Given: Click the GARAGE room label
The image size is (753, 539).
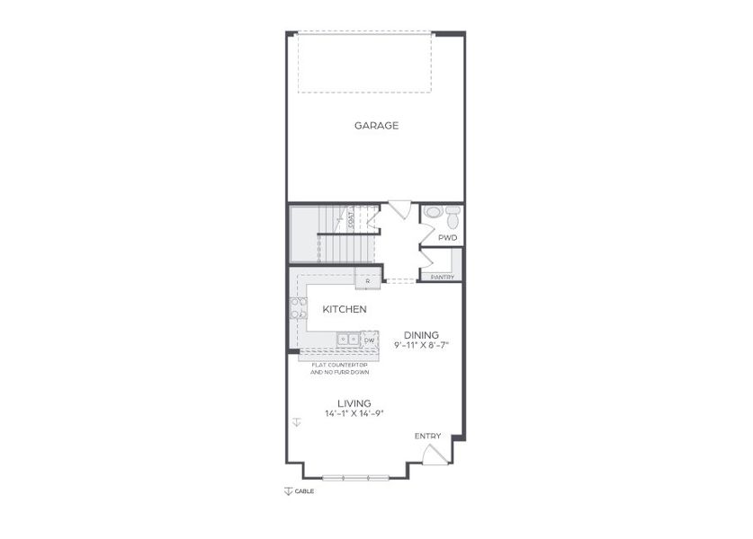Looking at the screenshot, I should coord(376,126).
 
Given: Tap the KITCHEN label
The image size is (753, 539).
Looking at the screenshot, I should coord(345,309).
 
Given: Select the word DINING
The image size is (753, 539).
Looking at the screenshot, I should coord(421,333).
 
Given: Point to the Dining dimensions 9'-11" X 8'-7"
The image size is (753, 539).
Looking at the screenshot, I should coord(421,344).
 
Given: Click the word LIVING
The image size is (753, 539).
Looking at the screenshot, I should coord(354,403).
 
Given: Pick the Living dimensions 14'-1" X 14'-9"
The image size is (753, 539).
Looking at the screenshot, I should coord(354,414).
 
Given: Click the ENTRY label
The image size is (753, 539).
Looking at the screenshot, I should coord(428,437).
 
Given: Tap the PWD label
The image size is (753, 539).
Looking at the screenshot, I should coord(447,238).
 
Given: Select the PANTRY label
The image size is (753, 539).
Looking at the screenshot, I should coord(442,277).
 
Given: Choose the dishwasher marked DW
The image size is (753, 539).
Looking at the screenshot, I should coord(369,340).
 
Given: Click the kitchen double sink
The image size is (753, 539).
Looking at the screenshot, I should coord(348,340).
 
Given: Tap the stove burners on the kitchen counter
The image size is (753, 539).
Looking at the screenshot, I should coord(296,308).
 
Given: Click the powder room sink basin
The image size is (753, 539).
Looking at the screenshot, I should coord(433,213).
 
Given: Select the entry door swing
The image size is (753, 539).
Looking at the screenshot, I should coord(434,454).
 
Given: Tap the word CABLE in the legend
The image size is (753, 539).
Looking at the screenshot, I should coord(304,491).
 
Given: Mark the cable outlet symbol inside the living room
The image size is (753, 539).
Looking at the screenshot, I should coord(296,420).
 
